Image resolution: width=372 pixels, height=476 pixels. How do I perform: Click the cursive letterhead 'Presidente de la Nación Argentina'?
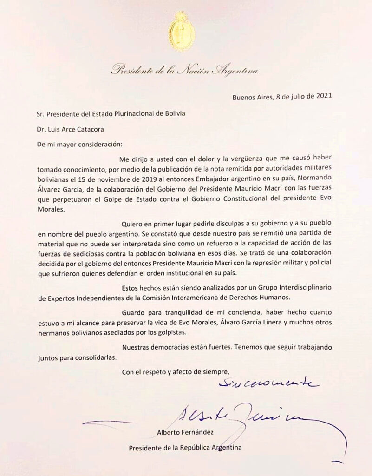click(x=184, y=71)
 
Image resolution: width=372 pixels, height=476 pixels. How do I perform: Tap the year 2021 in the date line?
click(x=323, y=97)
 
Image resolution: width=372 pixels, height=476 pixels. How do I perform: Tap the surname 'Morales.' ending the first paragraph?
click(x=50, y=209)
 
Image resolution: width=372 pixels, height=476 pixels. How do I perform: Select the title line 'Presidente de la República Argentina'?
click(x=185, y=448)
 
